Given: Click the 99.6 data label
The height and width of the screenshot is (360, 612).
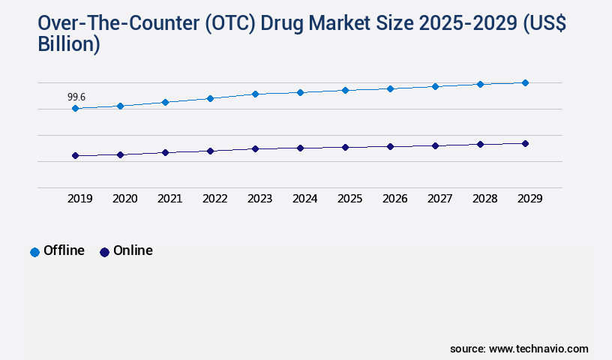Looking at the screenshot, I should point(76,97).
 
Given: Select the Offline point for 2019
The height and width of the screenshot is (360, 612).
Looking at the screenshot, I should point(75,109).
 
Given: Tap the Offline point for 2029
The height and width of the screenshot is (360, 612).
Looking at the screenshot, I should point(525,82).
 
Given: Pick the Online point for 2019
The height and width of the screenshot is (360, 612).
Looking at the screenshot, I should point(75,156).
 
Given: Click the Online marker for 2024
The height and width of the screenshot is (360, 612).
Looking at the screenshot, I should point(300,148).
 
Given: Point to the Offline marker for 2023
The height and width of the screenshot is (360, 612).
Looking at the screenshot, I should point(255,94).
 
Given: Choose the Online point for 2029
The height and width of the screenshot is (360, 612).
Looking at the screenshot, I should point(525,143).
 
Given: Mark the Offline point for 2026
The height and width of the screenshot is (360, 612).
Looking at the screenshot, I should point(390,88).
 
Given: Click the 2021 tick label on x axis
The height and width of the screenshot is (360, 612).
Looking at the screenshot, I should point(169,199).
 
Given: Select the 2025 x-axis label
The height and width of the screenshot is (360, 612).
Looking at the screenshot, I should point(349,199).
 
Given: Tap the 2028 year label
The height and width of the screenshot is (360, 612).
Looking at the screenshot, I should point(484,199).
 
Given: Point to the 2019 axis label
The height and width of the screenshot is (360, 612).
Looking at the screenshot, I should point(79,199).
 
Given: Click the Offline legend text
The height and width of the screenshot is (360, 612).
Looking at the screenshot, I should point(64,250).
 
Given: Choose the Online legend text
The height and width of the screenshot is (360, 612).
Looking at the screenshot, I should point(133,250).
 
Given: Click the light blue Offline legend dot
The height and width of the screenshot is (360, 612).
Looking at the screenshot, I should point(34,252).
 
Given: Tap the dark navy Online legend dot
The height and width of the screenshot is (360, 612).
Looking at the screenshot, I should point(104,252).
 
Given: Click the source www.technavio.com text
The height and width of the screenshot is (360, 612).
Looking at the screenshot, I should point(519,349).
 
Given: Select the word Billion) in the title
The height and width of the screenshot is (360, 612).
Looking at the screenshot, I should point(69,45).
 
